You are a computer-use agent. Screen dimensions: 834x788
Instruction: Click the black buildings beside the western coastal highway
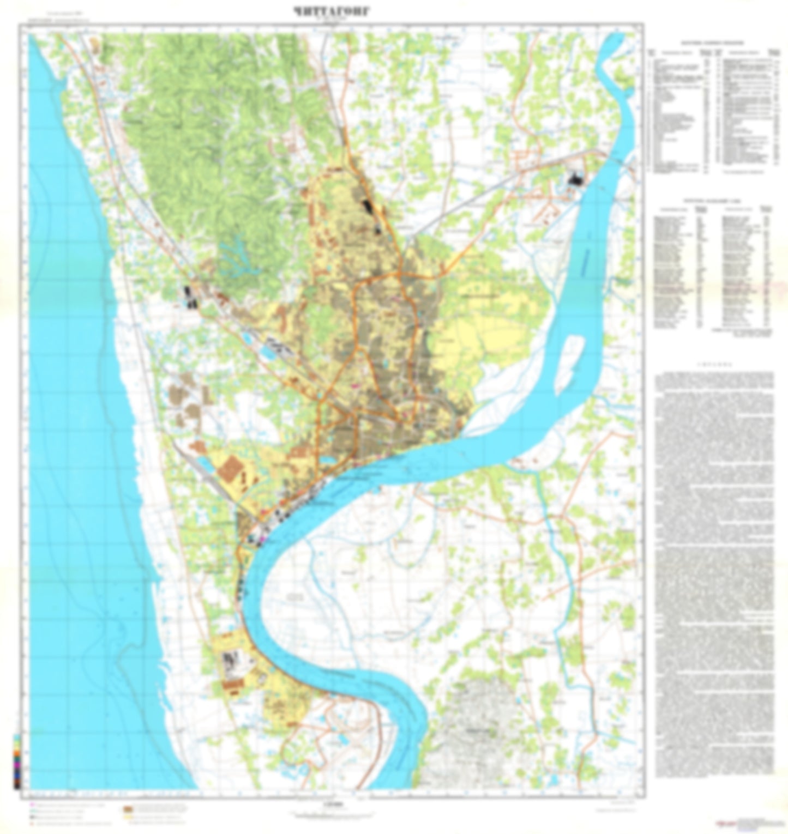190,297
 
